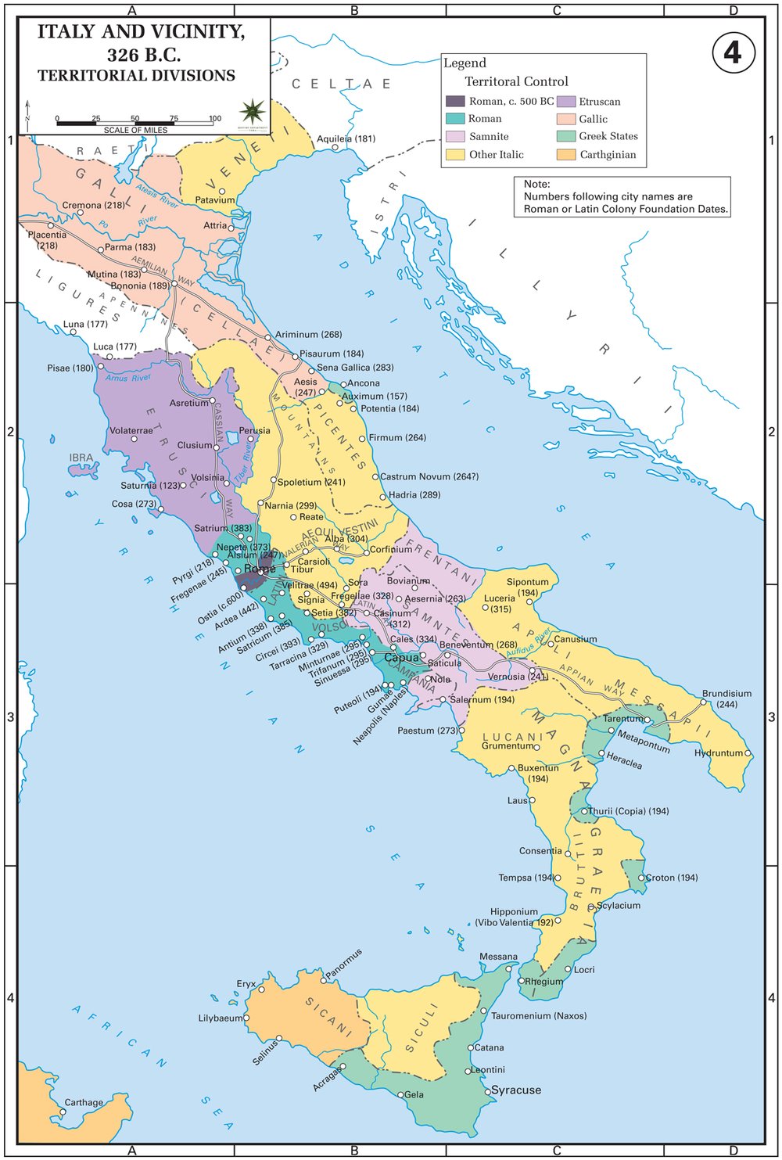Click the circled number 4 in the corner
click(x=733, y=52)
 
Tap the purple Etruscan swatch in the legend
click(x=566, y=102)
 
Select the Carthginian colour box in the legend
click(x=566, y=155)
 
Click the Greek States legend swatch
click(x=566, y=137)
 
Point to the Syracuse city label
click(x=515, y=1090)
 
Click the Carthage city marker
click(x=63, y=1112)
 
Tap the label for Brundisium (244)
click(x=726, y=699)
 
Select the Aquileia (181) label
click(x=346, y=138)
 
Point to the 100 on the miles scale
click(x=215, y=119)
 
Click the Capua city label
click(x=401, y=658)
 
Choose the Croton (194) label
click(x=671, y=878)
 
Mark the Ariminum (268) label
click(x=308, y=334)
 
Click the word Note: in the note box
click(x=536, y=185)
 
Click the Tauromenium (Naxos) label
click(x=538, y=1015)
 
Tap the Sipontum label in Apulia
click(x=528, y=582)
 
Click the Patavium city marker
click(x=222, y=191)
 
